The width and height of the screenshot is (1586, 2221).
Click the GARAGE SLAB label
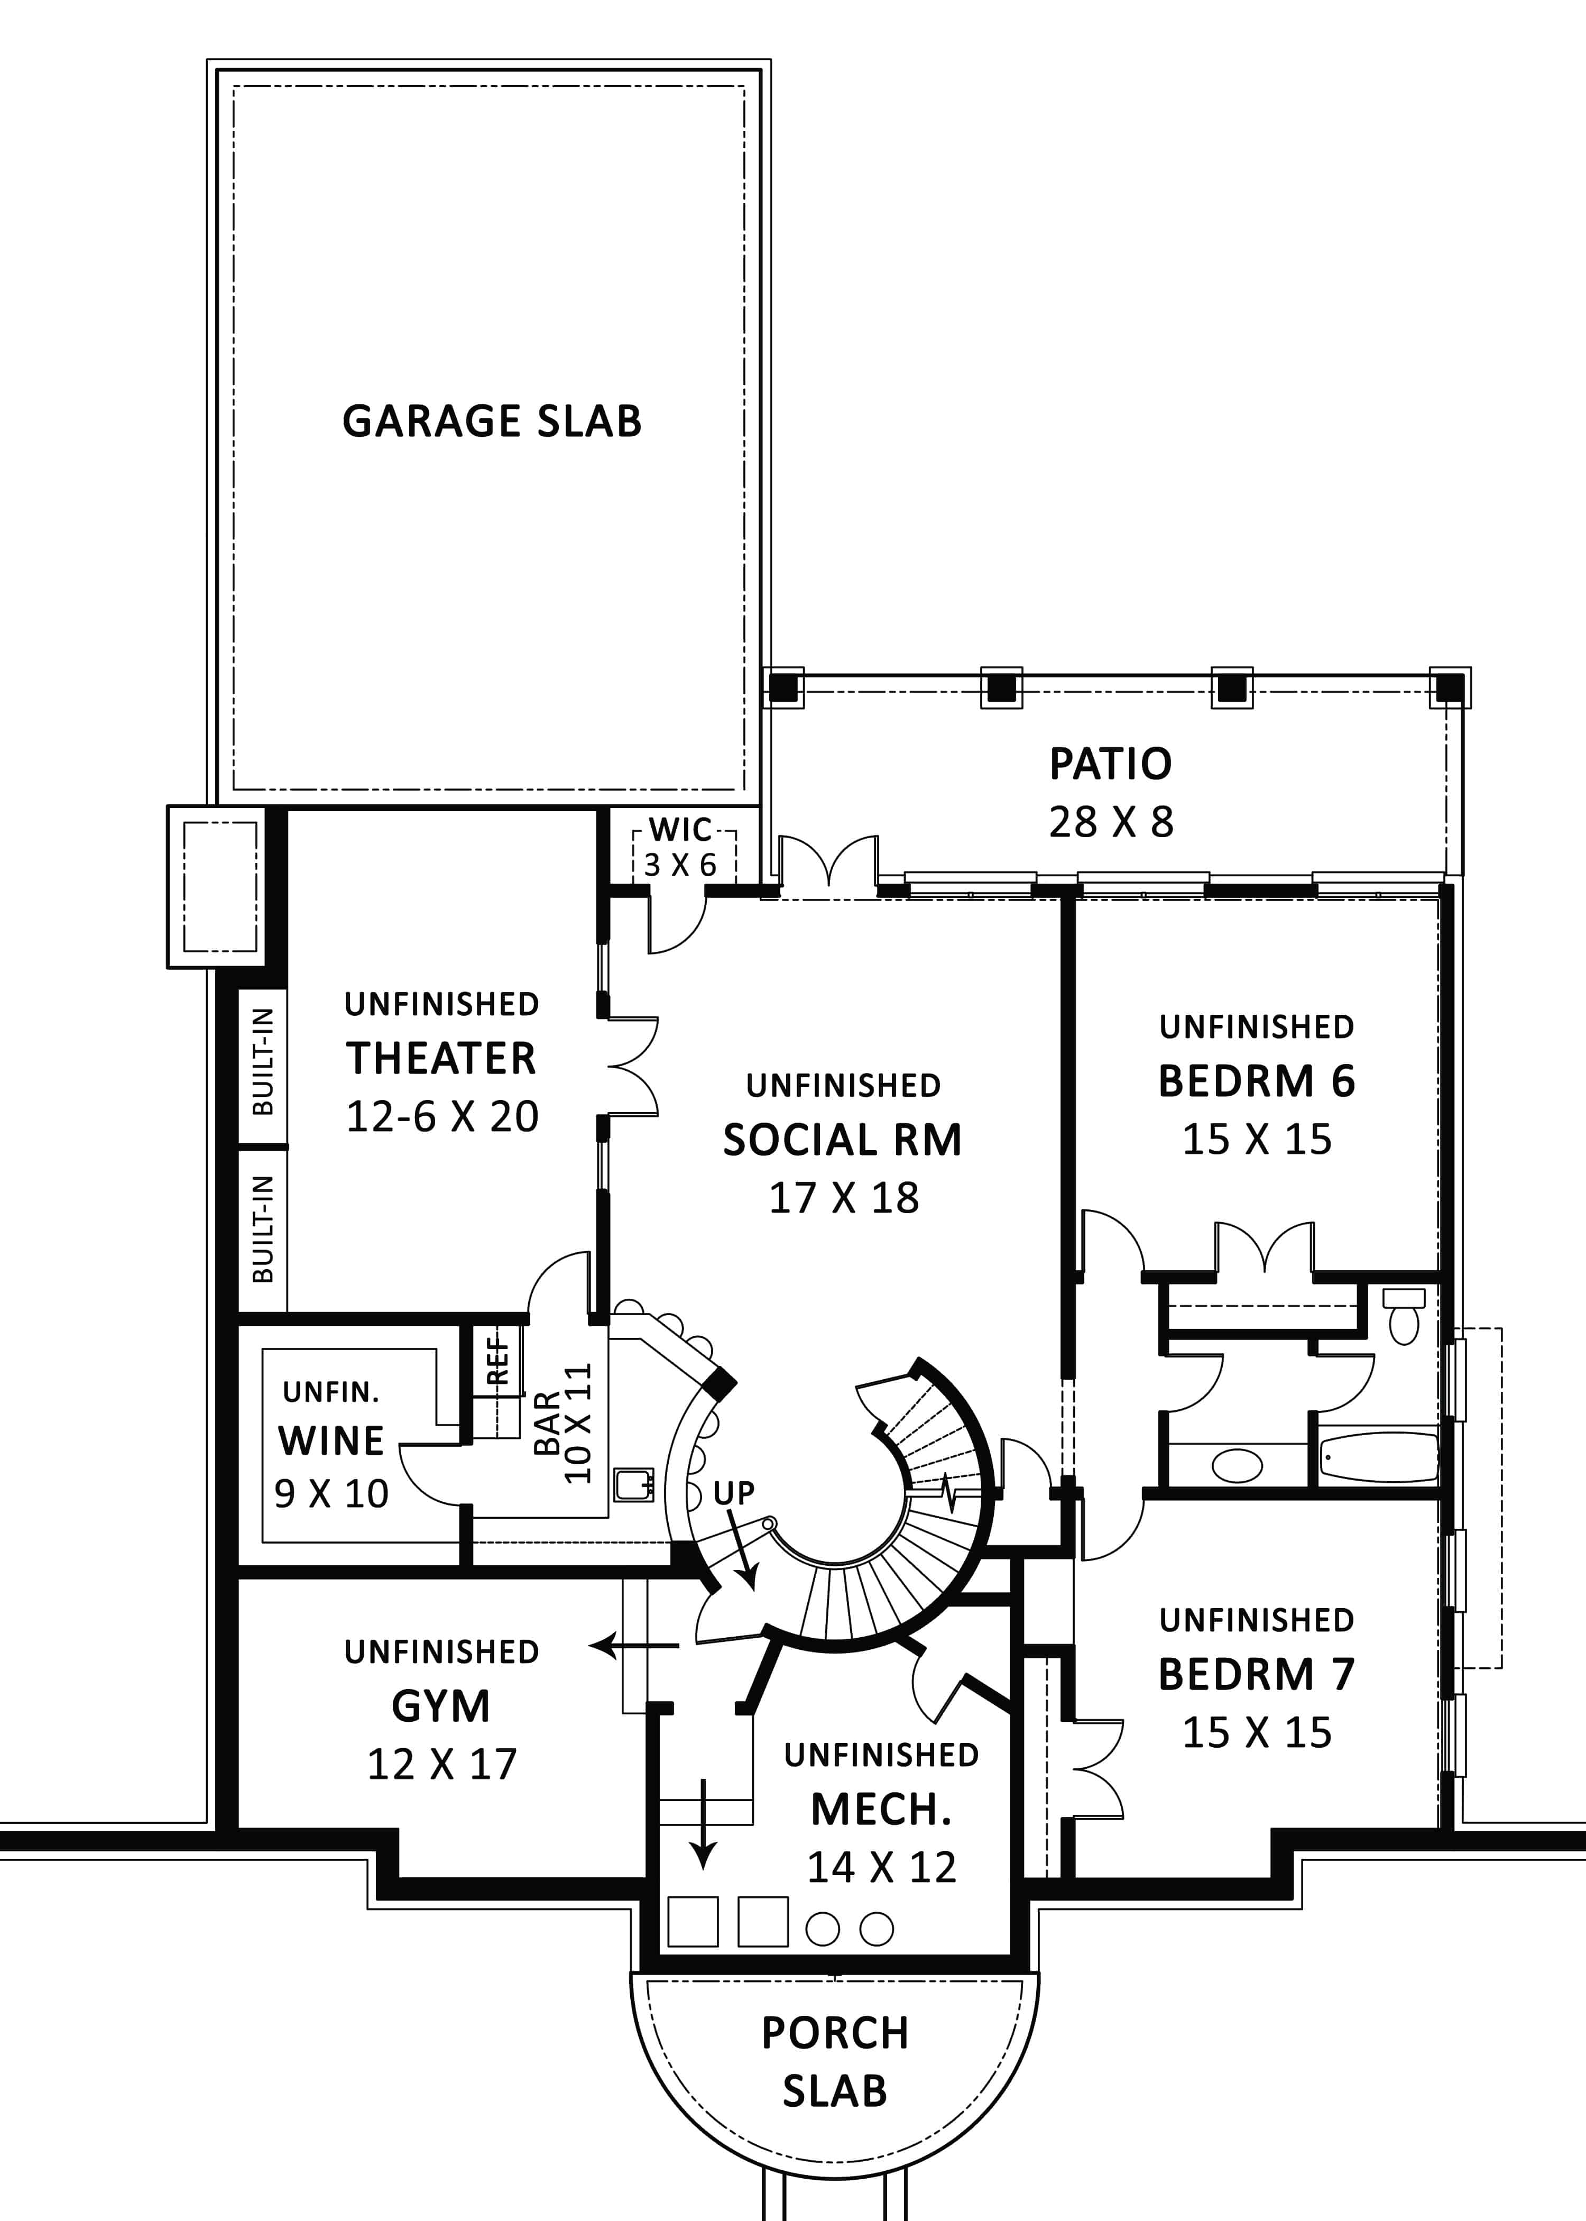click(491, 421)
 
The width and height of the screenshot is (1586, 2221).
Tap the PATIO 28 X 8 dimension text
click(1110, 822)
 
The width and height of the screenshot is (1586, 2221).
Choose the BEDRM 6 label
click(1256, 1081)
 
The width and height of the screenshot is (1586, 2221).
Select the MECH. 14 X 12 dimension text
click(881, 1867)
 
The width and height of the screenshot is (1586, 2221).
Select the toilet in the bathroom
click(1404, 1318)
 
